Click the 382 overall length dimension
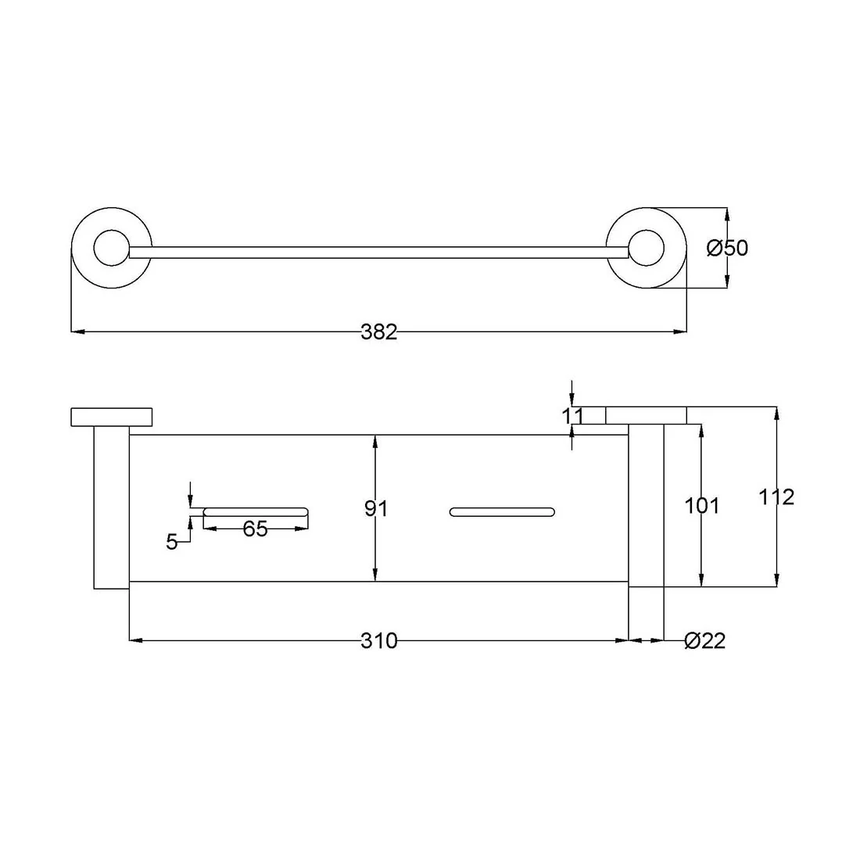[378, 331]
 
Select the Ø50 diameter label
[727, 248]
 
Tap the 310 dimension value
[378, 640]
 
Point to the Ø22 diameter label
[704, 640]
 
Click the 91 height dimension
[376, 509]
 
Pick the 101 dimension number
[701, 506]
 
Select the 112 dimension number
[776, 497]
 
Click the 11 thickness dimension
[572, 416]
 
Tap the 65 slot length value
[255, 529]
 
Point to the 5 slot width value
[172, 542]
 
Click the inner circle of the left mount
[111, 248]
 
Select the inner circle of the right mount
[646, 248]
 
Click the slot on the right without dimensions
[502, 512]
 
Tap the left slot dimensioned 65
[256, 512]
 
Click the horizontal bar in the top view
[378, 253]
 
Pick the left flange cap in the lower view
[111, 417]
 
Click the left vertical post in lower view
[111, 507]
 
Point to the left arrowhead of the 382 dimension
[78, 331]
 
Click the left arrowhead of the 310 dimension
[136, 640]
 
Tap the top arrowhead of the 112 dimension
[776, 414]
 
